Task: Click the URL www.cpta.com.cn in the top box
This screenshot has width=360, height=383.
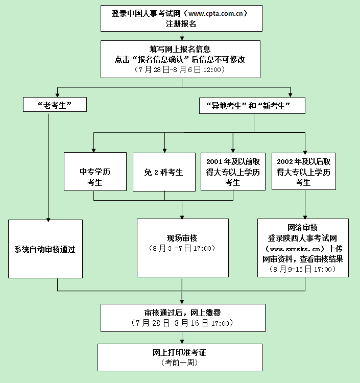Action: tap(215, 14)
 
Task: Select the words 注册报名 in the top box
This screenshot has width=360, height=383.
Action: tap(181, 24)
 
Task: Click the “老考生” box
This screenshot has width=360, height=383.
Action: tap(55, 105)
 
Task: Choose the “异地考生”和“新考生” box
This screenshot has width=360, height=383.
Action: tap(252, 106)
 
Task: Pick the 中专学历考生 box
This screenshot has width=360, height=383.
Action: tap(95, 172)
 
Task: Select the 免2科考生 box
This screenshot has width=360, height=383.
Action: tap(164, 172)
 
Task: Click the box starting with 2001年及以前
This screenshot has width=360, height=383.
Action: tap(233, 172)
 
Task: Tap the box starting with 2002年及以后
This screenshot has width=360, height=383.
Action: tap(304, 172)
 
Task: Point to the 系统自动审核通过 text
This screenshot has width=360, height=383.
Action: tap(45, 249)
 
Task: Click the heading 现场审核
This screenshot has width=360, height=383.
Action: tap(182, 238)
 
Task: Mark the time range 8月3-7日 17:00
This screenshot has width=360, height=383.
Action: tap(182, 248)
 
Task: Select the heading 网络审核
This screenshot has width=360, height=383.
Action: tap(303, 227)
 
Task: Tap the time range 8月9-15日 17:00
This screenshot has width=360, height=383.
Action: tap(303, 269)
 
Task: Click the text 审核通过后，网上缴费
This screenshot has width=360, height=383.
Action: tap(182, 313)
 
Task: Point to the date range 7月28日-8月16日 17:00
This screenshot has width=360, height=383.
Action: tap(182, 323)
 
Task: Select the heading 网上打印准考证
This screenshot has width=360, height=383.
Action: tap(180, 352)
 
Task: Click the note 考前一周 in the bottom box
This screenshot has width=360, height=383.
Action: tap(180, 363)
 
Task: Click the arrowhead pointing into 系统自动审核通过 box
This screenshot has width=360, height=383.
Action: tap(49, 220)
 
